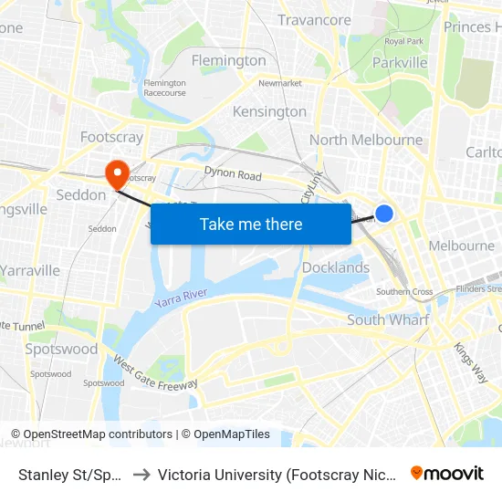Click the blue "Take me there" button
point(250,224)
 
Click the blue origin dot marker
point(384,213)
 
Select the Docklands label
point(335,267)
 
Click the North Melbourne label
point(365,140)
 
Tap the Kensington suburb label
point(269,111)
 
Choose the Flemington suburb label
point(228,60)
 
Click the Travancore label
point(314,20)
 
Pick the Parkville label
point(400,62)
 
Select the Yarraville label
point(30,270)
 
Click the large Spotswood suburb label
point(61,349)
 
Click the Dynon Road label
point(233,174)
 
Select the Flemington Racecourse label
point(164,88)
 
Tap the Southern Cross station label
point(404,292)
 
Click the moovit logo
point(446,473)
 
